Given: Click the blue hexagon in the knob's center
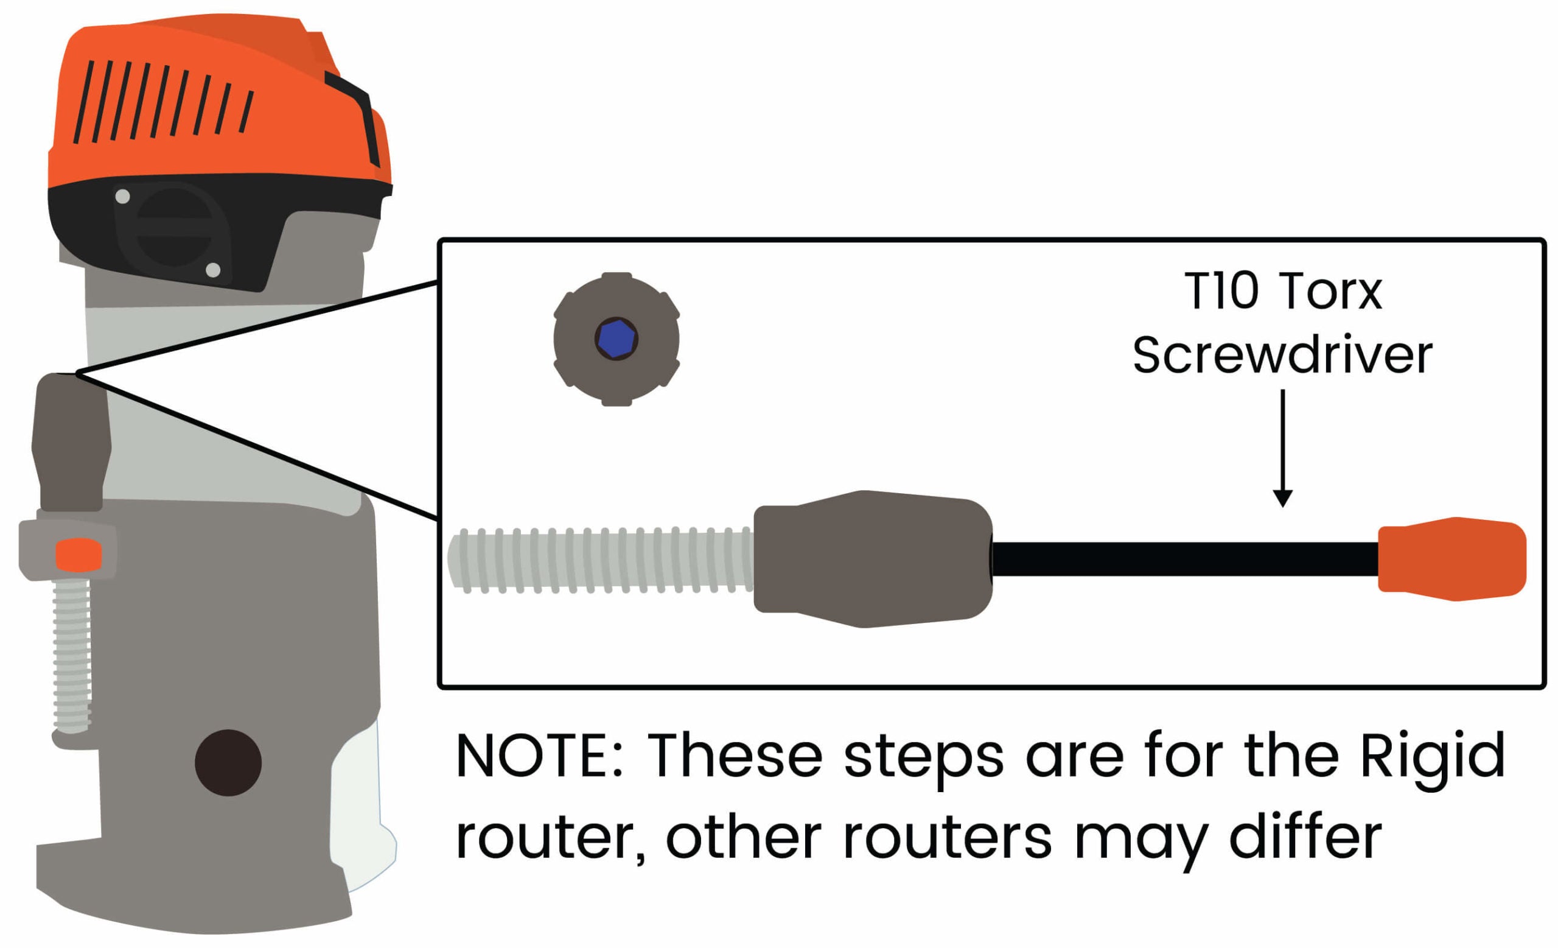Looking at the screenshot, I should [x=616, y=339].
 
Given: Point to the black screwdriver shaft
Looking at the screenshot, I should [x=1182, y=559].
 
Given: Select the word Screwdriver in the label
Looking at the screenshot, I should [x=1282, y=356].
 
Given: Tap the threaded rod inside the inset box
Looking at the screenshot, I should [x=601, y=560].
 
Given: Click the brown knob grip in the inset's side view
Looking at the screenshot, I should [x=873, y=559].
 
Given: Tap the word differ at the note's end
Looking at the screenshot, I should [x=1306, y=838].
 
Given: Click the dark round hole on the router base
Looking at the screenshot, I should [x=228, y=763].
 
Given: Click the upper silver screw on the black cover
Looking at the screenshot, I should [x=123, y=197].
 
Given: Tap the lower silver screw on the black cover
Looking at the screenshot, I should [x=213, y=270].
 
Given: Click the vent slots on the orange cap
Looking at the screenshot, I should [x=164, y=101].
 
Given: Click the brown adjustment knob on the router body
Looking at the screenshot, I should [x=71, y=443].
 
